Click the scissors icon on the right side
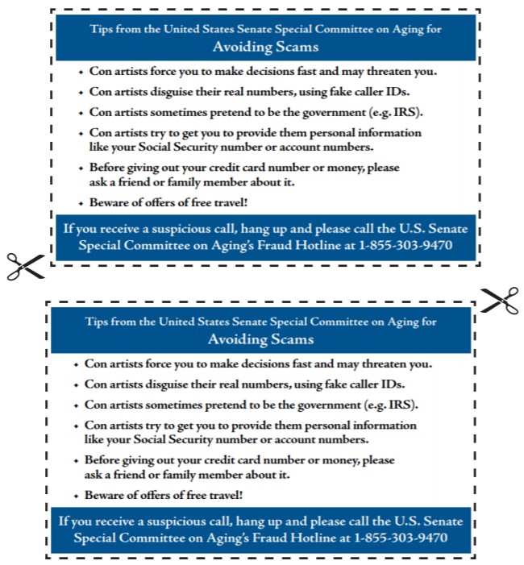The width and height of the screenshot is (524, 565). pos(501,300)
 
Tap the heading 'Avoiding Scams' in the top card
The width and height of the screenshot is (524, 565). pos(265,46)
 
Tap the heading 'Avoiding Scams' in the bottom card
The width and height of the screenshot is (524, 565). pos(261,339)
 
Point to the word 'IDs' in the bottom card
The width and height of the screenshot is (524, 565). pos(393,384)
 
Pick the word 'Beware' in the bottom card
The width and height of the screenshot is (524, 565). pos(105,495)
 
